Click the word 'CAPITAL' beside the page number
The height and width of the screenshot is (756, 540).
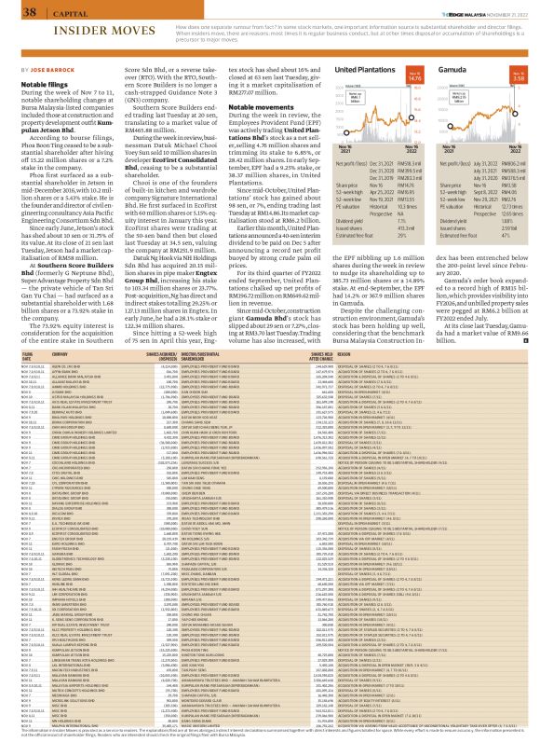click(46, 12)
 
